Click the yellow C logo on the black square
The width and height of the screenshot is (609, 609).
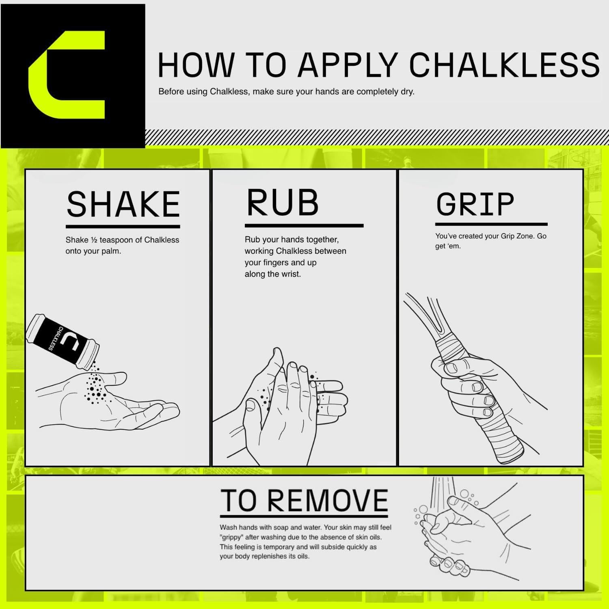tap(67, 75)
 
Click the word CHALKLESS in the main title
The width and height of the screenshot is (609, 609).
tap(504, 65)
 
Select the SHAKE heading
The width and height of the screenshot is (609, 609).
tap(123, 204)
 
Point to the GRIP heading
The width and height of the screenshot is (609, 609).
tap(475, 204)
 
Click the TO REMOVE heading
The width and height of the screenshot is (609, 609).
tap(304, 501)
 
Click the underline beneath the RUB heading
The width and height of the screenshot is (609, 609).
tap(304, 225)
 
